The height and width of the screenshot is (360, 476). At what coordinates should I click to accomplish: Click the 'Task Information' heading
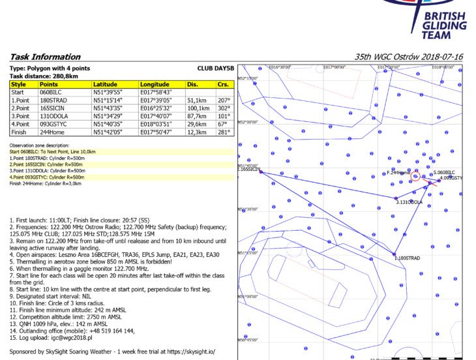coord(45,57)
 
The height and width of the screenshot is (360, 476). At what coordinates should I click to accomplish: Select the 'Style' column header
coord(19,85)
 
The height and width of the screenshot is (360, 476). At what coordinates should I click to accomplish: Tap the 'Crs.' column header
coord(223,85)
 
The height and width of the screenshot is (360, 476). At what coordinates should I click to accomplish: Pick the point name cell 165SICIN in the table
coord(53,108)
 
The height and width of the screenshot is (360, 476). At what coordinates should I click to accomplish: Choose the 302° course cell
coord(223,108)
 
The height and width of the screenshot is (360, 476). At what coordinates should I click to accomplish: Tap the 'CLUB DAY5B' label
coord(215,68)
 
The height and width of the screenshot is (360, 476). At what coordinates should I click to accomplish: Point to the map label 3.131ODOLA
coord(409,202)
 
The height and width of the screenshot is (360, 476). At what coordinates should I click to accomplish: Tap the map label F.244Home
coord(398,173)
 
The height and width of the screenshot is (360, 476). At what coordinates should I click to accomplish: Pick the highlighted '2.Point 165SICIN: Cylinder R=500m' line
coord(47,164)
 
